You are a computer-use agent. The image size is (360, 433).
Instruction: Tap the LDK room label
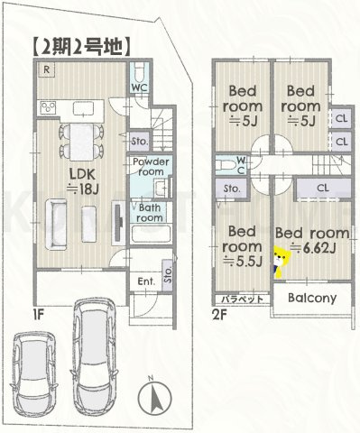click(x=82, y=174)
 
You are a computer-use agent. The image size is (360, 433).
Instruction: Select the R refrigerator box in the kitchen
click(x=46, y=70)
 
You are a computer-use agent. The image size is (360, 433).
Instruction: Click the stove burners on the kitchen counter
click(x=48, y=107)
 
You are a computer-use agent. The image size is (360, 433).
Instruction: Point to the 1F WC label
click(x=139, y=88)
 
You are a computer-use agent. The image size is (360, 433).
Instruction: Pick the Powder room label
click(x=151, y=167)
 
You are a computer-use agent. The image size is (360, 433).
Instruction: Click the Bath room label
click(x=150, y=213)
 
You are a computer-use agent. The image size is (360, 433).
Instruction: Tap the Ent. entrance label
click(x=146, y=281)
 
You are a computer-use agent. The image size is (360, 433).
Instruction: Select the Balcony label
click(x=312, y=298)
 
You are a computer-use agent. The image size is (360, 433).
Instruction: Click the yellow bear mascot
click(x=282, y=262)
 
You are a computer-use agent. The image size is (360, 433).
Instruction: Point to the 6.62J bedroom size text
click(x=313, y=248)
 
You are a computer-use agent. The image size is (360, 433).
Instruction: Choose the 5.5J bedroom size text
click(x=243, y=262)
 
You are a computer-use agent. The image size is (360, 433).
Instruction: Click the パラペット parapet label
click(x=243, y=299)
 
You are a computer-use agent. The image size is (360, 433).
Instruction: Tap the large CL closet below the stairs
click(x=323, y=189)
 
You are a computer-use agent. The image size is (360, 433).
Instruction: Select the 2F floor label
click(x=219, y=316)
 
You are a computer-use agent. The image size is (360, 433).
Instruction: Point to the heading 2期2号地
click(x=81, y=47)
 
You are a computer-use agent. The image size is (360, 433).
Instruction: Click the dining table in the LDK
click(x=82, y=143)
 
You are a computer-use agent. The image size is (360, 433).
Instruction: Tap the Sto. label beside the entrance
click(x=168, y=275)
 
